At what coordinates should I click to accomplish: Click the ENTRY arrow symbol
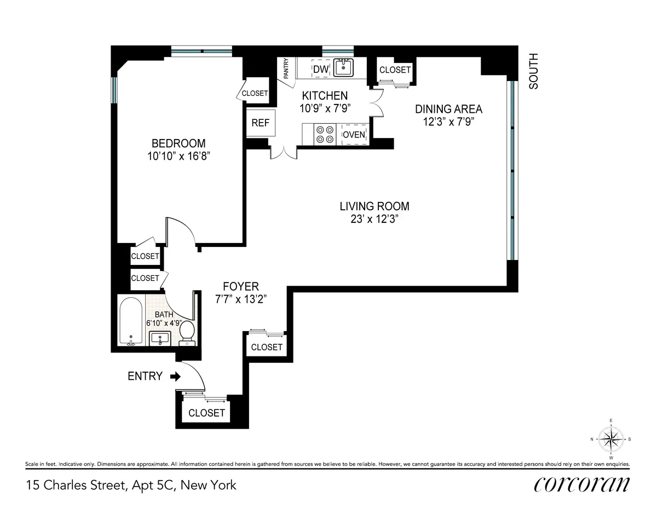[x=175, y=377]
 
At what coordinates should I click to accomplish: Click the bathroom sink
[x=161, y=338]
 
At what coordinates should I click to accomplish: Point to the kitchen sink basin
[x=343, y=68]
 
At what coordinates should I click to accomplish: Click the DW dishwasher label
[x=320, y=69]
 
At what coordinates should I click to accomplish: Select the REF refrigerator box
[x=260, y=123]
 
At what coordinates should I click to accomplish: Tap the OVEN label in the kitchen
[x=354, y=135]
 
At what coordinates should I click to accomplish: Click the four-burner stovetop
[x=324, y=135]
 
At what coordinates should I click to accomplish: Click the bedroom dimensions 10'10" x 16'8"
[x=179, y=156]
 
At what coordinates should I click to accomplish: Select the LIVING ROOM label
[x=374, y=206]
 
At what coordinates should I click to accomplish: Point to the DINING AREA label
[x=448, y=109]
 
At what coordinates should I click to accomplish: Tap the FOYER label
[x=240, y=286]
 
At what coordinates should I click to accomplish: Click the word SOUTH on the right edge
[x=534, y=71]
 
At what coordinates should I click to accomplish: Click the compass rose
[x=611, y=438]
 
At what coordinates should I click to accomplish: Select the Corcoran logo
[x=581, y=484]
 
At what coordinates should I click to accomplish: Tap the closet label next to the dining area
[x=395, y=70]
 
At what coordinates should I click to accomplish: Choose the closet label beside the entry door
[x=206, y=413]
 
